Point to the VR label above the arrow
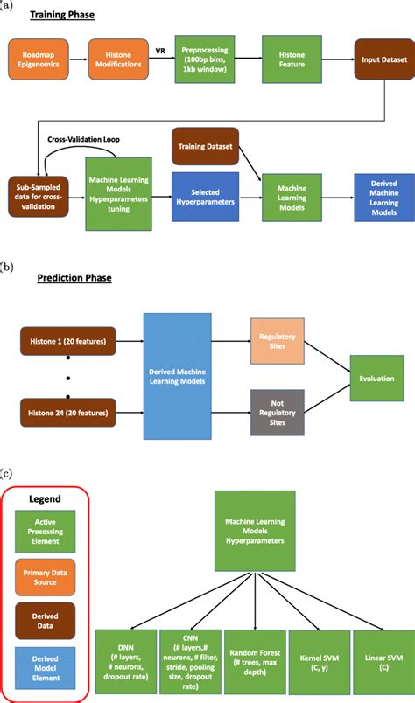pos(160,50)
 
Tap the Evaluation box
pos(375,379)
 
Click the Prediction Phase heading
pos(74,278)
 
